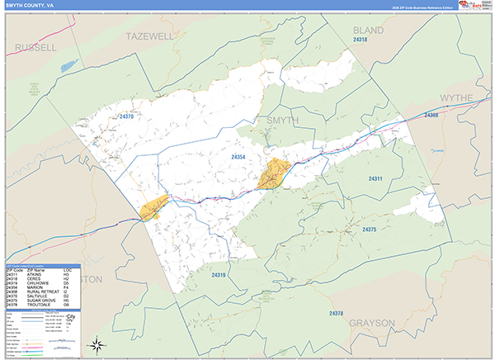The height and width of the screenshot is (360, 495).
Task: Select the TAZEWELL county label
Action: [150, 36]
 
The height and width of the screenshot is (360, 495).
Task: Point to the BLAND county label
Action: [368, 30]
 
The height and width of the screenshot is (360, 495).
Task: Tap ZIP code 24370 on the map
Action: [125, 117]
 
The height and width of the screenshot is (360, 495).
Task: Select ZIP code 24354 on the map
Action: [239, 157]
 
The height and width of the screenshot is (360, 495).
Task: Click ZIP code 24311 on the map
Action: [375, 179]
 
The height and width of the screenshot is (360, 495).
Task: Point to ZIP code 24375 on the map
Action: [369, 229]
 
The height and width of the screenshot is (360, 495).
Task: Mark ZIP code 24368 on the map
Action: [431, 115]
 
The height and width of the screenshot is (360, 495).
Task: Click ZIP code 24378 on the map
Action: [336, 313]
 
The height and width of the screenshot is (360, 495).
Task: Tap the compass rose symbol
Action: [97, 343]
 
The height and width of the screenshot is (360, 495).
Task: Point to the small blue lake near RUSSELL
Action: [68, 64]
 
